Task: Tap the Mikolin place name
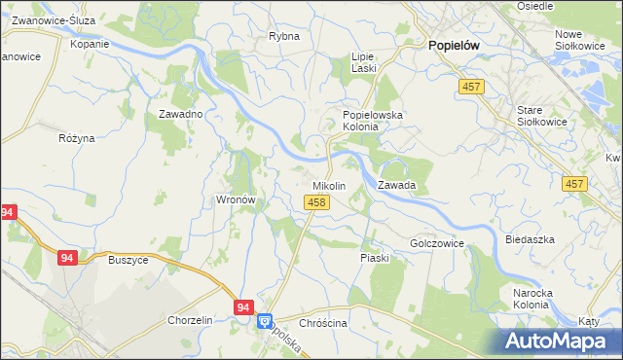coord(328,185)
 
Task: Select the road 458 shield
coord(315,202)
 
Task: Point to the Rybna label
coord(283,36)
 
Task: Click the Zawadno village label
coord(180,114)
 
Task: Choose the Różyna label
coord(76,138)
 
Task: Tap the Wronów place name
coord(235,199)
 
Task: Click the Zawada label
coord(397,184)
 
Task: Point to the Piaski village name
coord(375,258)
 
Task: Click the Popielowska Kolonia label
coord(379,121)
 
